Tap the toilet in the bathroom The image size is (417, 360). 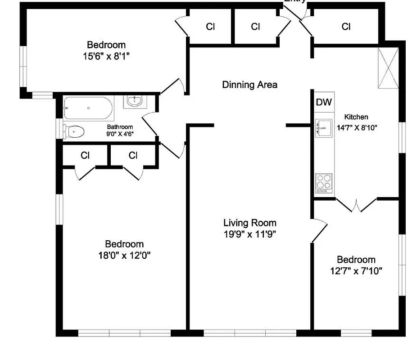74,131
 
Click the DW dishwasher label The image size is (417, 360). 323,102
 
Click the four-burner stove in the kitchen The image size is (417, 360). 323,183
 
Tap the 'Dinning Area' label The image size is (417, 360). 249,85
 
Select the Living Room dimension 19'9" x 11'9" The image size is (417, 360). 249,234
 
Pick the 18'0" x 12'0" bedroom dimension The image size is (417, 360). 124,255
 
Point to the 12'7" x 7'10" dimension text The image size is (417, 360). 356,271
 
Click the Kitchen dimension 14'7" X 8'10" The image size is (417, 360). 357,127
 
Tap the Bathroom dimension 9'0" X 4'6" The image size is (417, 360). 119,134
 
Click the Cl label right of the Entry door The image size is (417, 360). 346,27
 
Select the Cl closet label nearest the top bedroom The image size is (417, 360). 210,27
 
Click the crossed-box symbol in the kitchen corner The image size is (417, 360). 388,68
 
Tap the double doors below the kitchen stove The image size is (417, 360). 356,205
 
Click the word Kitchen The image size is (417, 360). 356,117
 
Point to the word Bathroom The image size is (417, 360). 119,127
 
